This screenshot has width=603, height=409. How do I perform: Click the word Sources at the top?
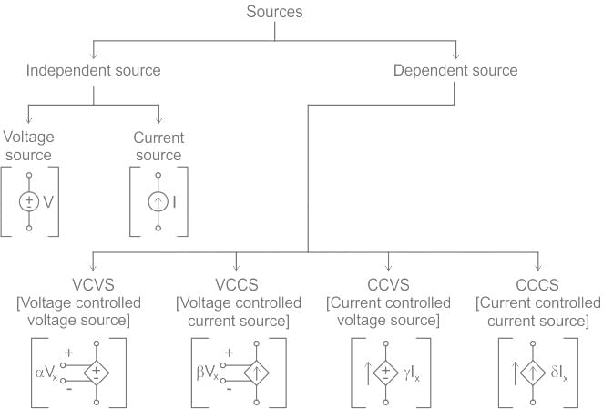pyautogui.click(x=274, y=13)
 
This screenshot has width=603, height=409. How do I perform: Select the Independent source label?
pyautogui.click(x=93, y=70)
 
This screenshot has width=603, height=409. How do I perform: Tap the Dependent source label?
pyautogui.click(x=455, y=70)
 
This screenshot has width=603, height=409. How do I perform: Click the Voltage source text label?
pyautogui.click(x=29, y=146)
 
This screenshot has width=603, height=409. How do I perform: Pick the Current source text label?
pyautogui.click(x=158, y=146)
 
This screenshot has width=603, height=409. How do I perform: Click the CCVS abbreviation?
pyautogui.click(x=387, y=285)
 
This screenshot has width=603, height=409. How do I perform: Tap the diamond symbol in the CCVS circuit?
pyautogui.click(x=387, y=372)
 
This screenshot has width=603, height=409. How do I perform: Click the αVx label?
pyautogui.click(x=46, y=373)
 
